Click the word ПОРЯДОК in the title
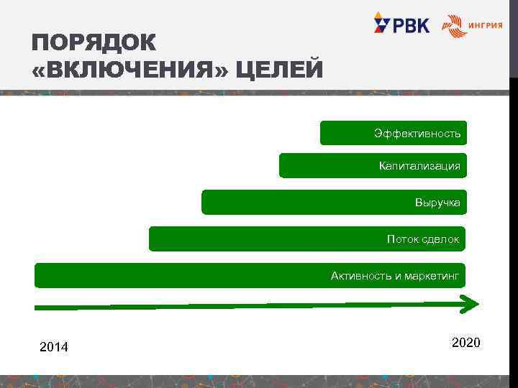[94, 42]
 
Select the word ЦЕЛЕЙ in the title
[280, 70]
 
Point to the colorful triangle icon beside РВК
[381, 23]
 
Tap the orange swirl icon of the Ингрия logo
[453, 26]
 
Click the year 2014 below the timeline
[54, 348]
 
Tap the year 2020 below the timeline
[465, 343]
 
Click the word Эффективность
[417, 134]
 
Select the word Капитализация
[419, 167]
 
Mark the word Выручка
[437, 203]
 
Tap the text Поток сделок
[422, 239]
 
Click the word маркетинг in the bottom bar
[432, 275]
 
